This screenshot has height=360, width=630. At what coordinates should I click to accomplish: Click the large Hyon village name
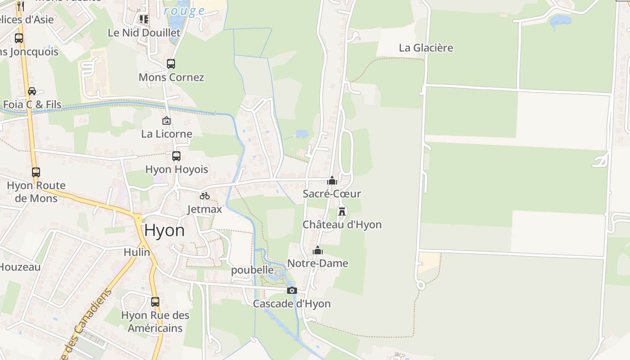point(164,230)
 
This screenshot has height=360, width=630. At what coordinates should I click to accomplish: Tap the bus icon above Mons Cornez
point(171,64)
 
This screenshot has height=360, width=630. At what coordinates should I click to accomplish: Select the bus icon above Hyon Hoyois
point(176,156)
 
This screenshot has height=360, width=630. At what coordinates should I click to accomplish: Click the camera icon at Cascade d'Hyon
point(292,290)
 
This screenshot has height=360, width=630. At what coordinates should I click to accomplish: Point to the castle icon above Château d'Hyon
point(342,211)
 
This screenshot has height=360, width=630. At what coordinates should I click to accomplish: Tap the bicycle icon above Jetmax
point(205,196)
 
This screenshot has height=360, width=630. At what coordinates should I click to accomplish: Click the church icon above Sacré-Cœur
point(332,180)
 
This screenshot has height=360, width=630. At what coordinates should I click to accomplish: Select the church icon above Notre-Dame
point(318,250)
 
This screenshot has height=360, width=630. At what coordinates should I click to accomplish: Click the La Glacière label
point(426,48)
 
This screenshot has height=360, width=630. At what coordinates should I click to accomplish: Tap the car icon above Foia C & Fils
point(32,91)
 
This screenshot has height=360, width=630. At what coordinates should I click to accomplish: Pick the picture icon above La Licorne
point(166,121)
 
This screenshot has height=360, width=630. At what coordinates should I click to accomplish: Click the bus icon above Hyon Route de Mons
point(36,172)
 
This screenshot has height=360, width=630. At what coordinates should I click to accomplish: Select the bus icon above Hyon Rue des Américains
point(155,301)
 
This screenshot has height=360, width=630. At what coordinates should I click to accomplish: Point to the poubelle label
point(252,270)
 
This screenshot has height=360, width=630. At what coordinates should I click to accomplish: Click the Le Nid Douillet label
point(144,32)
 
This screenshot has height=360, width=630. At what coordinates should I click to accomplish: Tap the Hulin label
point(137,252)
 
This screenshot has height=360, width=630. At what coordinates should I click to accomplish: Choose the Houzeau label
point(20,267)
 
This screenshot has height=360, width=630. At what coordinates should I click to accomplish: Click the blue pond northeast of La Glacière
point(560,20)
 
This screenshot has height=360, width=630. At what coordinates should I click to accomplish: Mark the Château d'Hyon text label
point(342,225)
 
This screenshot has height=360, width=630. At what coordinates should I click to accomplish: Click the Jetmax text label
point(205,209)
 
